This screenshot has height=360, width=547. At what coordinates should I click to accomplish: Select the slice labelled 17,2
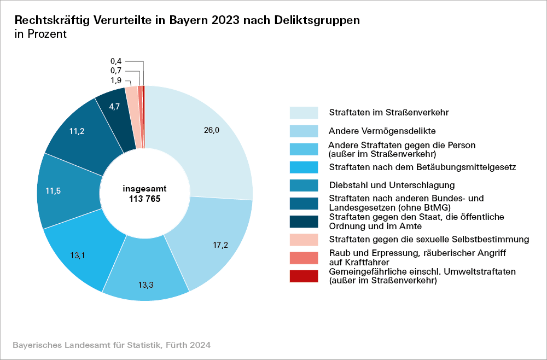coord(221,245)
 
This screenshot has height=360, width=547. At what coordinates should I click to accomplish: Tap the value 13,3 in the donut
coord(146,284)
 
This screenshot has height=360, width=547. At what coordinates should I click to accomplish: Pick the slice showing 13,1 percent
coord(79,254)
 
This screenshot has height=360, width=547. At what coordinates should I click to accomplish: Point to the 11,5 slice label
coord(53,191)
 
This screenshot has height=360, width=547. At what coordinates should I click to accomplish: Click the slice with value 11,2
coord(77,131)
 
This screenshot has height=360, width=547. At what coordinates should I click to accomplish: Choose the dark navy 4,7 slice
coord(115,107)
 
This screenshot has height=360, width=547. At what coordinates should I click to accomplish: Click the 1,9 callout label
coord(116,80)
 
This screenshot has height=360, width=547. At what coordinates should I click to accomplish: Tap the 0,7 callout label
coord(116,71)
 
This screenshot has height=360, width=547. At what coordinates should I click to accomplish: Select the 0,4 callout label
coord(116,61)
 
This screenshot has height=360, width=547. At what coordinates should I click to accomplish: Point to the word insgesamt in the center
coord(145,188)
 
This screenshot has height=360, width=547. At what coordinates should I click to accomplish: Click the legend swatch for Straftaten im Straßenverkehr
coord(304,113)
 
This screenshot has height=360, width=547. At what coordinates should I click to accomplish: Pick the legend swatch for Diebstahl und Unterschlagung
coord(304,185)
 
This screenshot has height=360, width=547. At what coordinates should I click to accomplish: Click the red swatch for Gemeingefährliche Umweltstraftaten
coord(304,276)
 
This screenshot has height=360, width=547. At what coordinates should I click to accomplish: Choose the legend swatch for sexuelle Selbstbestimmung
coord(304,240)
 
